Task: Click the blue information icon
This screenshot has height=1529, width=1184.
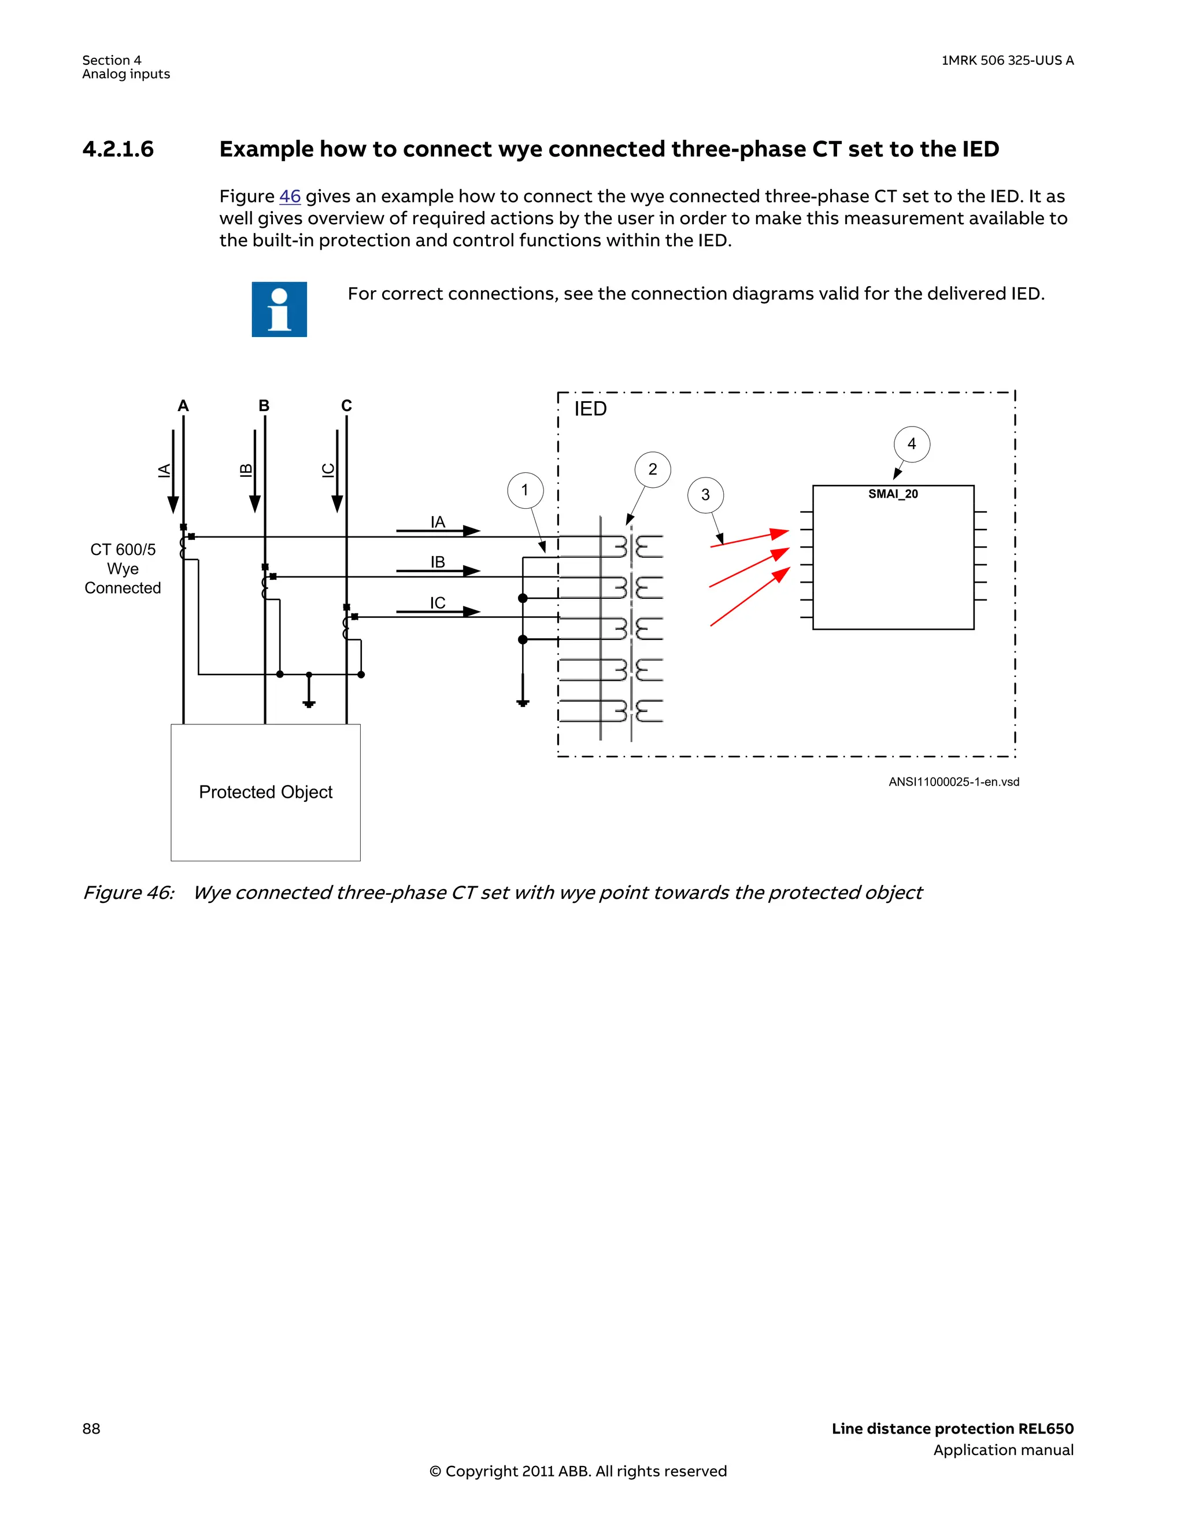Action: tap(279, 309)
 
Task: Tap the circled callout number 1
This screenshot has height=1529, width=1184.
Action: tap(525, 490)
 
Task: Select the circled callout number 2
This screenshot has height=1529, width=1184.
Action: tap(653, 469)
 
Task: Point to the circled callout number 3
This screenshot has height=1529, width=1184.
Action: tap(705, 495)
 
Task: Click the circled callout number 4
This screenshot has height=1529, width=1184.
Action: tap(912, 444)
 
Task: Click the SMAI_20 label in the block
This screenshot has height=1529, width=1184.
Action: tap(893, 494)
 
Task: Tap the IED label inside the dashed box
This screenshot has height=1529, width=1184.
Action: tap(590, 409)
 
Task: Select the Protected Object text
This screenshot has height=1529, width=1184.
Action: tap(265, 792)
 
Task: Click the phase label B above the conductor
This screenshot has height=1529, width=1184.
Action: tap(264, 406)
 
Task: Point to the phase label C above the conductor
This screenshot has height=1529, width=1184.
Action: tap(346, 406)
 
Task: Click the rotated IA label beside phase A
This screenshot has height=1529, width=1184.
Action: tap(164, 471)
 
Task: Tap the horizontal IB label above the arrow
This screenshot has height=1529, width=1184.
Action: tap(438, 562)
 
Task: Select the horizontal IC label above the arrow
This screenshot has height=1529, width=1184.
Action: tap(438, 603)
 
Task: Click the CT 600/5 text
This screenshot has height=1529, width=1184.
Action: tap(123, 550)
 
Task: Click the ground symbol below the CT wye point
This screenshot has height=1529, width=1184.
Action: tap(309, 703)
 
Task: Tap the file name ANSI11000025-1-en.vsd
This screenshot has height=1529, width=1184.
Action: tap(954, 782)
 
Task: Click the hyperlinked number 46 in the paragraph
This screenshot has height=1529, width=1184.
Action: tap(290, 197)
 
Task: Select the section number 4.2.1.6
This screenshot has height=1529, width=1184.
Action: tap(117, 149)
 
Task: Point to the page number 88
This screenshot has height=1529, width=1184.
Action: tap(91, 1428)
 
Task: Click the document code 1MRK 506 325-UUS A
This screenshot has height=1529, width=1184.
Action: tap(1007, 60)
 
